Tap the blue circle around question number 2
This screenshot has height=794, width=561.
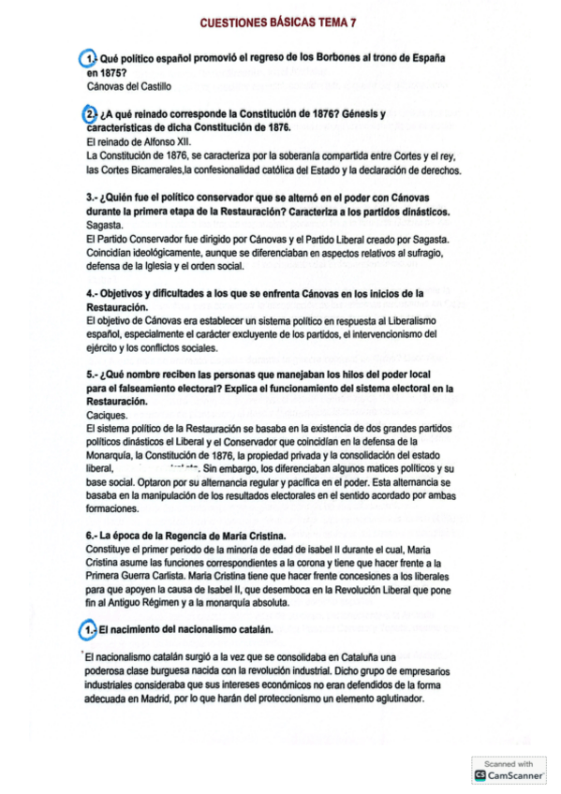90,114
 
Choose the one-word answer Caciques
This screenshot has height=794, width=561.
107,413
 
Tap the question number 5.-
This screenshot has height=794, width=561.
91,373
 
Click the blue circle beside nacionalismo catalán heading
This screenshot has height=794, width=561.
89,630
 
